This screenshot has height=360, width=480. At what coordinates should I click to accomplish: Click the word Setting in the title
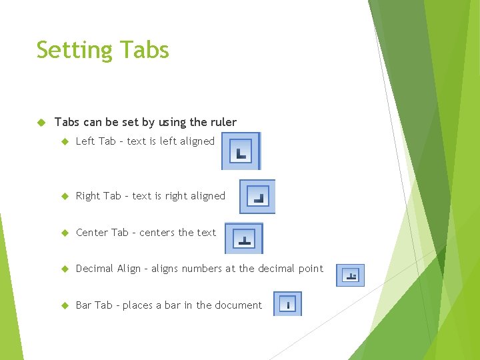pyautogui.click(x=73, y=51)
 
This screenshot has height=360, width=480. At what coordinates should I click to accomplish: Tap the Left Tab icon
pyautogui.click(x=241, y=151)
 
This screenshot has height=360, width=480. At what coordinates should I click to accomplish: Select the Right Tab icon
pyautogui.click(x=257, y=196)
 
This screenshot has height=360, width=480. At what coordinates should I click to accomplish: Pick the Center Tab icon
pyautogui.click(x=244, y=238)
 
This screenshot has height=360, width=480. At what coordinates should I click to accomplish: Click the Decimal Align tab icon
pyautogui.click(x=350, y=275)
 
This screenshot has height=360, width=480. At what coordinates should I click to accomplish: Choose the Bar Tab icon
pyautogui.click(x=287, y=304)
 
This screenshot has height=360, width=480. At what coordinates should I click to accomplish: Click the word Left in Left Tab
pyautogui.click(x=85, y=141)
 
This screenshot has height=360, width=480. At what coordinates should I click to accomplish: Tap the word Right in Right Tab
pyautogui.click(x=88, y=196)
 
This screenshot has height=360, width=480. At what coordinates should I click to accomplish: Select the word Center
pyautogui.click(x=92, y=233)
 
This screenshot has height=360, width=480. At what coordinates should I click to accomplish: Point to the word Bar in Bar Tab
pyautogui.click(x=84, y=305)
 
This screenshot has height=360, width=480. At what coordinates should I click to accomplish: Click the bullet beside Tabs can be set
pyautogui.click(x=40, y=123)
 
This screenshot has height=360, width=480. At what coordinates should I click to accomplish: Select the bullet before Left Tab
pyautogui.click(x=65, y=141)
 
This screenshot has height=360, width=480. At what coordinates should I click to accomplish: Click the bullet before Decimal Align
pyautogui.click(x=65, y=269)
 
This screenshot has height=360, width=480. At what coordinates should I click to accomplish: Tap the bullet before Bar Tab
pyautogui.click(x=65, y=305)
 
